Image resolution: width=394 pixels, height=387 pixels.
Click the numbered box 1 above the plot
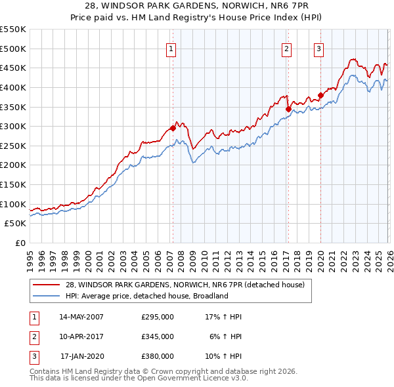coord(171,48)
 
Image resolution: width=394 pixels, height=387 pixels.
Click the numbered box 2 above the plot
coord(287,48)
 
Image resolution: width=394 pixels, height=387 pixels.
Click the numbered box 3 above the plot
coord(318,48)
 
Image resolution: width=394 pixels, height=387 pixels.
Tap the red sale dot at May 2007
coord(173,129)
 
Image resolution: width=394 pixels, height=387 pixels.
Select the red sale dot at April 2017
coord(288,109)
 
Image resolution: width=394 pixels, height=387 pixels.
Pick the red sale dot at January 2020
coord(320,95)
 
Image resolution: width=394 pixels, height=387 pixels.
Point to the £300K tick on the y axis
coord(13,126)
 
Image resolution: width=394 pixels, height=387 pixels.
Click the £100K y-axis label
coord(13,204)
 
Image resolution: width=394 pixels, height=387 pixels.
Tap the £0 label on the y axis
coord(20,243)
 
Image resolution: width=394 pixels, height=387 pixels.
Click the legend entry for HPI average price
coord(146,296)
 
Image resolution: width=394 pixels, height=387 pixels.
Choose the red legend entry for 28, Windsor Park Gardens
coord(185,285)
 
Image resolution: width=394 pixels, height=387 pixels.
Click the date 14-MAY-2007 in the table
coord(81,317)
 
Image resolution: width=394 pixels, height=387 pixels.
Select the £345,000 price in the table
coord(158,336)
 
